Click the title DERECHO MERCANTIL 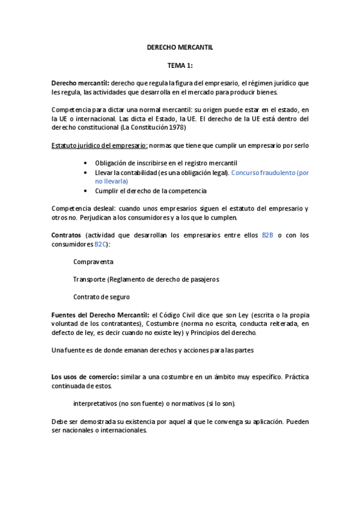tap(180, 46)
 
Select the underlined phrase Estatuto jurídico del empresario tap(99, 146)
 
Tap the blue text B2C tap(102, 245)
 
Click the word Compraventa tap(93, 262)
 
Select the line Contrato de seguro tap(101, 297)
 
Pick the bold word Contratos tap(67, 235)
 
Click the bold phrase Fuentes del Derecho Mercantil tap(100, 315)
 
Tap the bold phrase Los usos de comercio tap(85, 376)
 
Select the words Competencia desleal tap(81, 209)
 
